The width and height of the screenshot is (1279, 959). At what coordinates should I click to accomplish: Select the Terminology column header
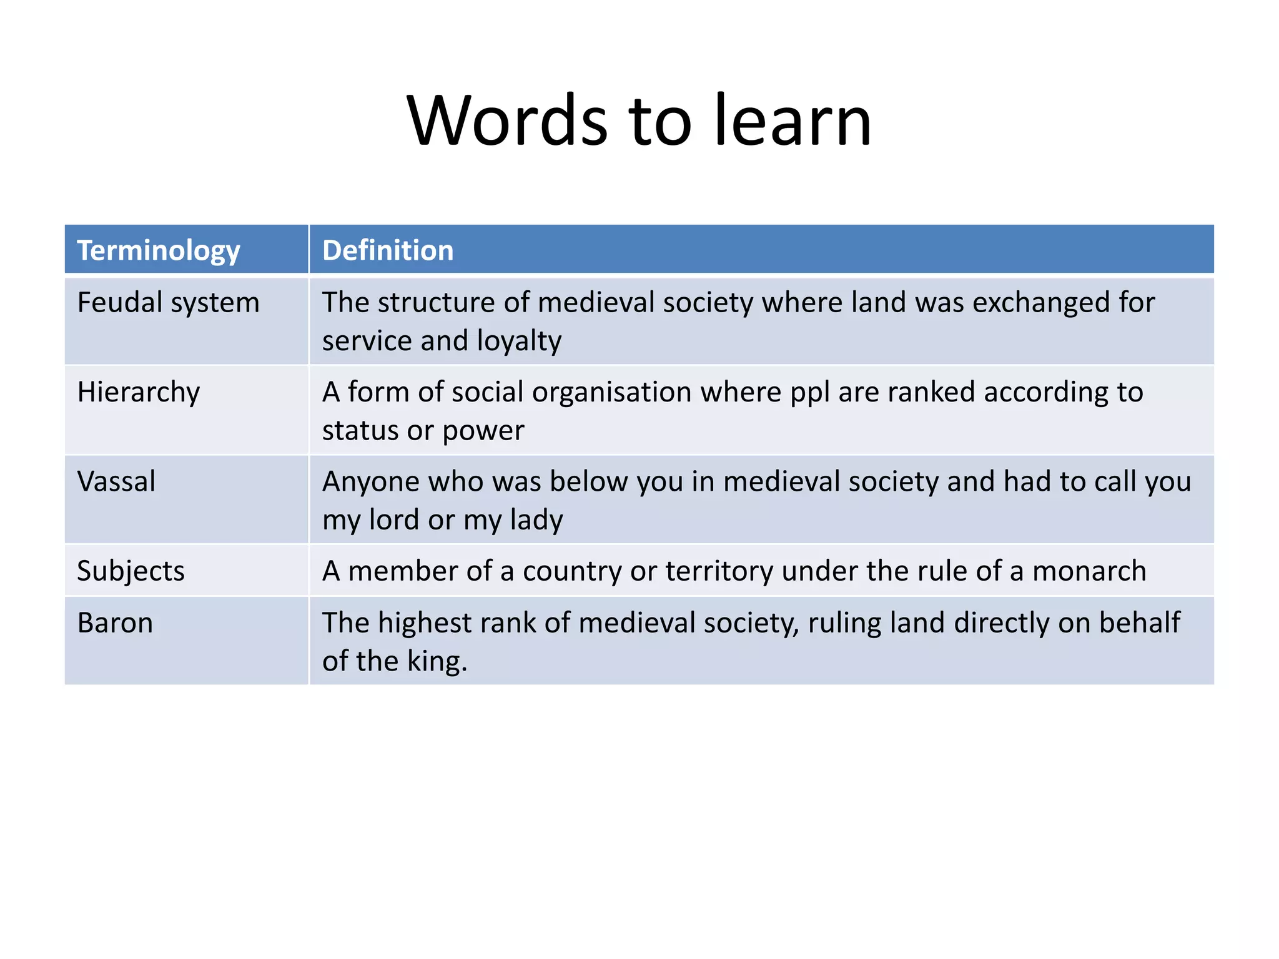coord(159,250)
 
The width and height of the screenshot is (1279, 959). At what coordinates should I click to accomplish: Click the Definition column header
coord(388,250)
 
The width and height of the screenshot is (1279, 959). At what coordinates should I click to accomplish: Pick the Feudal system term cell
coord(168,303)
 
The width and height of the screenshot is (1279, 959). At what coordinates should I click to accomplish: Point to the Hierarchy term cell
coord(139,393)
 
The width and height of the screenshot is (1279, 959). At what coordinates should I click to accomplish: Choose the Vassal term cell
coord(116,481)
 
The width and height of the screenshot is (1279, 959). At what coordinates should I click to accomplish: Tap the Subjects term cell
coord(131,571)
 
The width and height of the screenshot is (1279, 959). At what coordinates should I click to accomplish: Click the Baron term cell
coord(115,623)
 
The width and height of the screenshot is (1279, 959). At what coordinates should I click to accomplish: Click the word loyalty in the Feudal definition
coord(519,342)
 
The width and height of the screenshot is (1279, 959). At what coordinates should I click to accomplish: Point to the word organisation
coord(611,393)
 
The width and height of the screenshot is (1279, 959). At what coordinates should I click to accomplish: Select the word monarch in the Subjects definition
coord(1089,571)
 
